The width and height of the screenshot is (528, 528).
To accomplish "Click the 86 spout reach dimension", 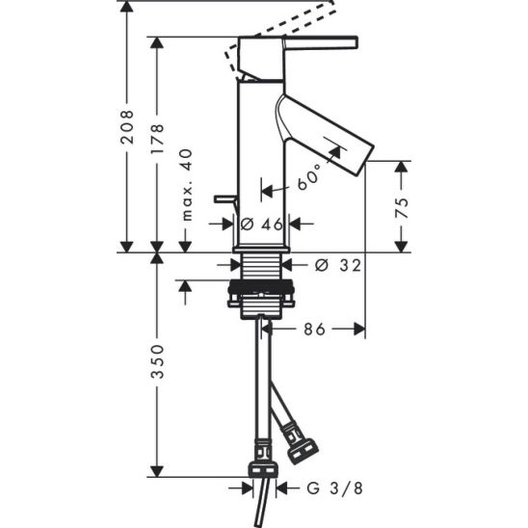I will pyautogui.click(x=315, y=330).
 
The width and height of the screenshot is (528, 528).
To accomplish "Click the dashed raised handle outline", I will pyautogui.click(x=289, y=26).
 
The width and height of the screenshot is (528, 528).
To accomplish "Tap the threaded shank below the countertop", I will pyautogui.click(x=258, y=269).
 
